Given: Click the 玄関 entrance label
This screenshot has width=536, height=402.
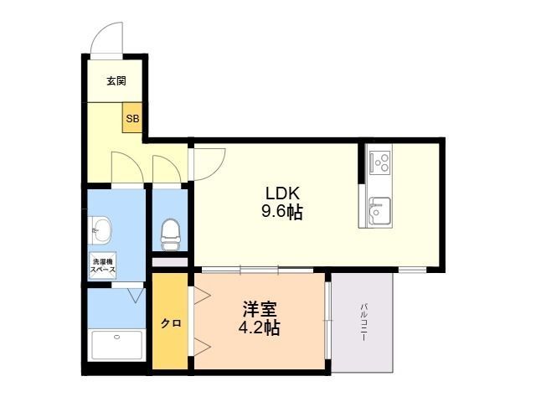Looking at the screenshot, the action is (x=116, y=81).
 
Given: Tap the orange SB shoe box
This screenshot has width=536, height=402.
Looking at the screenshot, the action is (x=132, y=117).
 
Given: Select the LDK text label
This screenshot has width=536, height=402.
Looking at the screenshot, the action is (x=283, y=193).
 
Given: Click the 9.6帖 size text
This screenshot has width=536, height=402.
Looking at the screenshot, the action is (x=282, y=212).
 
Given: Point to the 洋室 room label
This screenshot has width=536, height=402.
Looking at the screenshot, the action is (x=260, y=309).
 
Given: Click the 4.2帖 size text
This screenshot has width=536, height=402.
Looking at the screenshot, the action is (x=259, y=328).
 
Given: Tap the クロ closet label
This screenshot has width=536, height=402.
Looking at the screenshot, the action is (x=171, y=323).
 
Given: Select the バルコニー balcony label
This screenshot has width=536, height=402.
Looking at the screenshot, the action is (x=363, y=322).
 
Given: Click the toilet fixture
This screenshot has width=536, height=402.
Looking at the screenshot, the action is (x=170, y=234).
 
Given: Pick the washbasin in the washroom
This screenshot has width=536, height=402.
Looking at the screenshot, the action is (x=100, y=231).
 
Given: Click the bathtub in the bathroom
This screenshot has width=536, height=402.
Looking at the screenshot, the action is (x=117, y=344).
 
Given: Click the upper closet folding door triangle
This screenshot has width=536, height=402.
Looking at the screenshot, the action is (x=202, y=296).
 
